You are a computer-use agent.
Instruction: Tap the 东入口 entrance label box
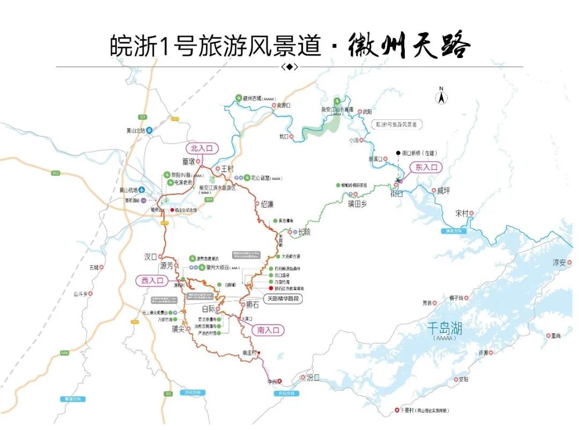click(x=426, y=167)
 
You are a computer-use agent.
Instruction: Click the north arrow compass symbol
click(x=441, y=96)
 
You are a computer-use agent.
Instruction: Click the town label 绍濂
click(x=266, y=204)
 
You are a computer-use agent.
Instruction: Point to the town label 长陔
click(x=303, y=232)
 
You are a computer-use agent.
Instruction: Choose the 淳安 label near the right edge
click(x=559, y=263)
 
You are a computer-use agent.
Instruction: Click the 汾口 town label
click(x=313, y=377)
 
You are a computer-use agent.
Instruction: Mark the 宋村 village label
click(x=461, y=213)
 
